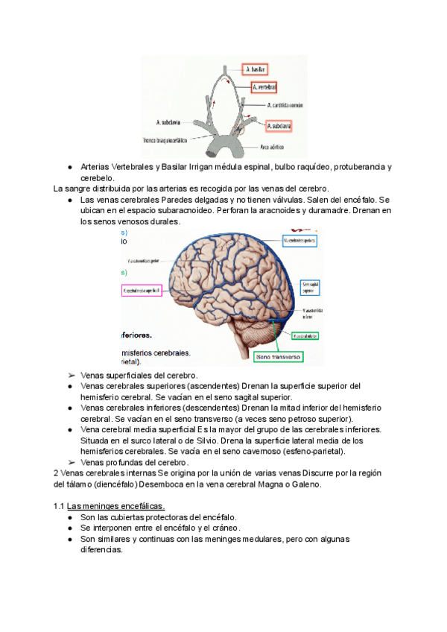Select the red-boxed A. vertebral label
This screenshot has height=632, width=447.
pyautogui.click(x=264, y=88)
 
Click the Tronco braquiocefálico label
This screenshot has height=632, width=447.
pyautogui.click(x=169, y=139)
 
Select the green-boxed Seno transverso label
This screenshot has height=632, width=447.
pyautogui.click(x=278, y=358)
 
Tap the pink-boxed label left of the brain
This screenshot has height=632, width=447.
pyautogui.click(x=142, y=291)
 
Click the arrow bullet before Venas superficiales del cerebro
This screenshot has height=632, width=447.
pyautogui.click(x=69, y=376)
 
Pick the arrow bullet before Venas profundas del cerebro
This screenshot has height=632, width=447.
pyautogui.click(x=69, y=462)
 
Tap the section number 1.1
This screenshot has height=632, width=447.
pyautogui.click(x=60, y=507)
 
